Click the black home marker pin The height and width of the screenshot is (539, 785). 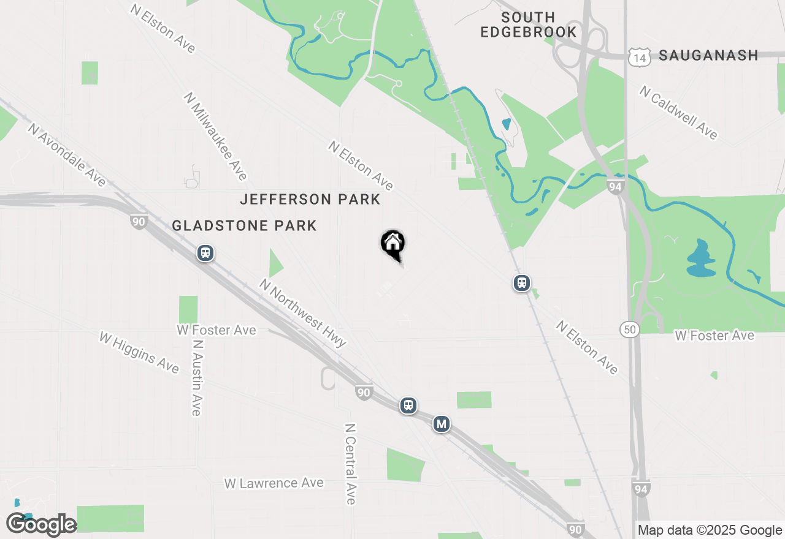pos(393,244)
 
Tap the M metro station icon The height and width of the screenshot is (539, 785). pos(441,423)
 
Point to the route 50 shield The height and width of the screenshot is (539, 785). pos(629,329)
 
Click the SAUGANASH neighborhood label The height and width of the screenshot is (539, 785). pos(708,56)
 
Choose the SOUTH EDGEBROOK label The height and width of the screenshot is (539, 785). pos(528,24)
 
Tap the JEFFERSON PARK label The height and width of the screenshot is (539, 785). pos(310,199)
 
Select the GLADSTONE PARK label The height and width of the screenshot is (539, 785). pos(244,225)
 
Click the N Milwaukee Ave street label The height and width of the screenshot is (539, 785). pos(215,136)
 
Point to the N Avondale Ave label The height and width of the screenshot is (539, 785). pos(67,154)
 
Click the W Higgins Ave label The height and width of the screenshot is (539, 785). pos(139,352)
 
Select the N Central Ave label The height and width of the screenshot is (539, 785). pos(350,464)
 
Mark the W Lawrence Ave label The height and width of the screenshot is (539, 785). pos(274,483)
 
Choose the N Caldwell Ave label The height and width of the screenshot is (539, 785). pos(678,112)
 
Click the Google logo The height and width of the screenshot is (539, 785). pos(41,525)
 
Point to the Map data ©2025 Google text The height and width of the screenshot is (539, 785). pos(710,530)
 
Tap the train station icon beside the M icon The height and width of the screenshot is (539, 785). pos(408,405)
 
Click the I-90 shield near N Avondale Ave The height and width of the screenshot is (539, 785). pos(139,222)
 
